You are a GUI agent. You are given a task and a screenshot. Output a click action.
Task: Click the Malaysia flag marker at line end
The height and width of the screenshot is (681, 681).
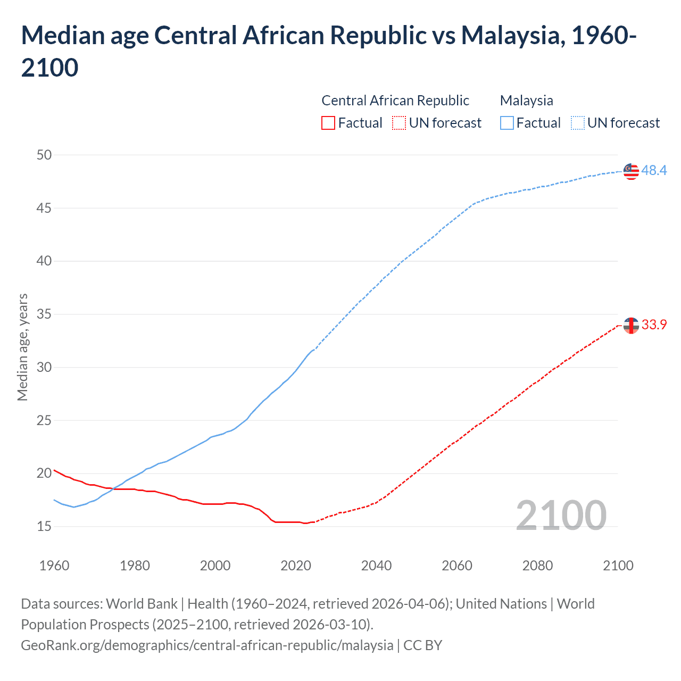click(x=631, y=171)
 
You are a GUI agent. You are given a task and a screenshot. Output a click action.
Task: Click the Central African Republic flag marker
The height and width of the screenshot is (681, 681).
click(x=631, y=325)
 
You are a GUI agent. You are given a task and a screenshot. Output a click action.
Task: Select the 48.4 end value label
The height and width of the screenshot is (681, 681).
click(x=654, y=171)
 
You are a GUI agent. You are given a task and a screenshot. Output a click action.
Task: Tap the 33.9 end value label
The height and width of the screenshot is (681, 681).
click(x=654, y=325)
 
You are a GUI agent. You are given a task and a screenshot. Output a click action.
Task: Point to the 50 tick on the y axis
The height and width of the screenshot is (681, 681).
click(x=44, y=155)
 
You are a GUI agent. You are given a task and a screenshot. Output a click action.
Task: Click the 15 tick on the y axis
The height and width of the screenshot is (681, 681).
click(x=44, y=526)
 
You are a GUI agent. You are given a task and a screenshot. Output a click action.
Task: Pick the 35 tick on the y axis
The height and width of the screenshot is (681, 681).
click(x=44, y=314)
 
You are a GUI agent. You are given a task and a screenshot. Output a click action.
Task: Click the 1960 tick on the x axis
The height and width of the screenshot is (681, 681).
click(x=54, y=566)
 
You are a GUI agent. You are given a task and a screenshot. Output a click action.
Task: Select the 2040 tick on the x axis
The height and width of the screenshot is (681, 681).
click(x=376, y=566)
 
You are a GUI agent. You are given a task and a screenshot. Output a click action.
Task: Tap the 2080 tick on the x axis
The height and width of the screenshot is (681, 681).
click(x=537, y=566)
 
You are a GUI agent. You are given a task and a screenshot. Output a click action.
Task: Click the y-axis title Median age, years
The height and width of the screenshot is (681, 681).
click(x=22, y=347)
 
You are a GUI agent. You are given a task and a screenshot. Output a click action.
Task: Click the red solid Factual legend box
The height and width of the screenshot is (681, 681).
click(x=328, y=123)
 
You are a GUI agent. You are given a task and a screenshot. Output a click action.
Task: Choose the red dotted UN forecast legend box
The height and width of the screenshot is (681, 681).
click(x=399, y=123)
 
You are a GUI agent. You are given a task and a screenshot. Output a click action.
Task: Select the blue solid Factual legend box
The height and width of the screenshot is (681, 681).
click(x=507, y=123)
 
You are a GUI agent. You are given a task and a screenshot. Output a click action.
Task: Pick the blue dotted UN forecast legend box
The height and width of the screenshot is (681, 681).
click(x=578, y=123)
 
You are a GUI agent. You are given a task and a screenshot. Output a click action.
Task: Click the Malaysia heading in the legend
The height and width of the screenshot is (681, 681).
click(x=526, y=101)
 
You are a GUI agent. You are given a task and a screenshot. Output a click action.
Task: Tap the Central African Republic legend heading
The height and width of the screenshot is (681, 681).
click(x=395, y=101)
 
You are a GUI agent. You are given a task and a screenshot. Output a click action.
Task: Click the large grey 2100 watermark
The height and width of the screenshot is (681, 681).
click(x=561, y=515)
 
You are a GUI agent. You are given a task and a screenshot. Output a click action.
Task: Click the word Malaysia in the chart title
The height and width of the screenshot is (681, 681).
click(x=510, y=36)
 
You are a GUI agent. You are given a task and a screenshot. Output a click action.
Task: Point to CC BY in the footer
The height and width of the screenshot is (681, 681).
click(x=422, y=645)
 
